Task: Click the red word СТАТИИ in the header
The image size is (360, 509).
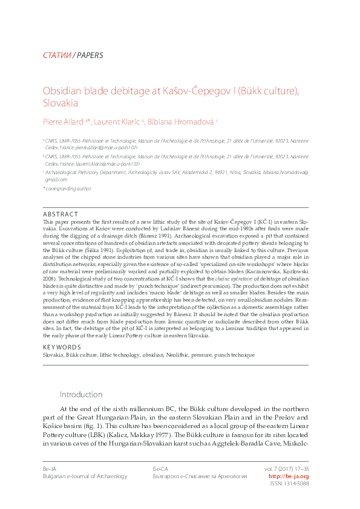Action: pyautogui.click(x=56, y=56)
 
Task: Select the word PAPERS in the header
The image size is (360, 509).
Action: pyautogui.click(x=90, y=56)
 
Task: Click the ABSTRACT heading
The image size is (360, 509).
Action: pyautogui.click(x=61, y=214)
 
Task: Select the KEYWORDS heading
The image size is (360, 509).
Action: pyautogui.click(x=62, y=347)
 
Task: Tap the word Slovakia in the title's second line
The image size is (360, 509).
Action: pyautogui.click(x=61, y=103)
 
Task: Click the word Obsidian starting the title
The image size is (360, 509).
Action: pyautogui.click(x=60, y=91)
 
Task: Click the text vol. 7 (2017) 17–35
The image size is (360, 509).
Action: pyautogui.click(x=286, y=468)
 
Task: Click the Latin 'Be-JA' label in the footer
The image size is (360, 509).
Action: pyautogui.click(x=50, y=468)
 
